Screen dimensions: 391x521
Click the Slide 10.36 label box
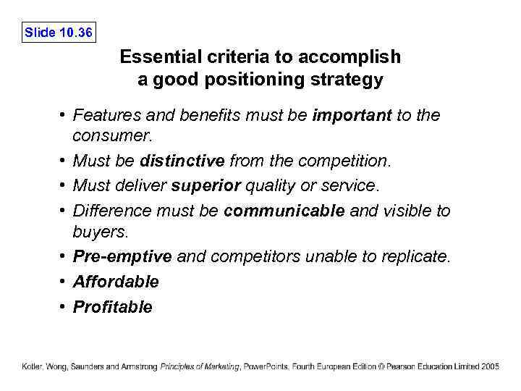tap(59, 32)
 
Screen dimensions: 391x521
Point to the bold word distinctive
tap(182, 160)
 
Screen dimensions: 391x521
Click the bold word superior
tap(206, 185)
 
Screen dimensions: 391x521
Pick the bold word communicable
tap(285, 211)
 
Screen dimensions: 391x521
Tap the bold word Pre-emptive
tap(122, 257)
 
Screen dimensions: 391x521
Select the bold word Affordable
tap(116, 282)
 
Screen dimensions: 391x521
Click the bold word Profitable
tap(113, 307)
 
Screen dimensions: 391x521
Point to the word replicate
tap(418, 257)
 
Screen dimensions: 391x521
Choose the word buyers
tap(100, 233)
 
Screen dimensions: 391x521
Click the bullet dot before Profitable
tap(63, 306)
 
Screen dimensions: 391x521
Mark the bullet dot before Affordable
tap(63, 281)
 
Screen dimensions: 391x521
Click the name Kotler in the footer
tap(32, 366)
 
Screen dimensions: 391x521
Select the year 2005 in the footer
tap(490, 366)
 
